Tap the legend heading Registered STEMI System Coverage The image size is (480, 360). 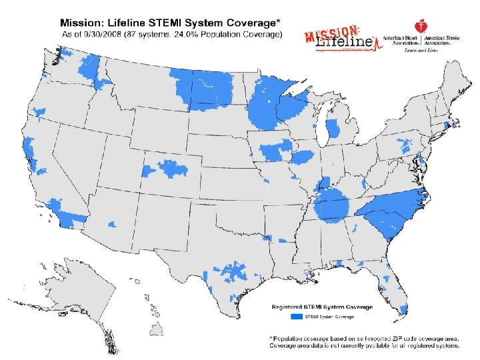(x=321, y=307)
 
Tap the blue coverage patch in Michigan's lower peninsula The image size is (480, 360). (x=333, y=127)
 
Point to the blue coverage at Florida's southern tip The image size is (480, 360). (x=403, y=309)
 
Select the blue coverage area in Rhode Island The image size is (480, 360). (x=446, y=127)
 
